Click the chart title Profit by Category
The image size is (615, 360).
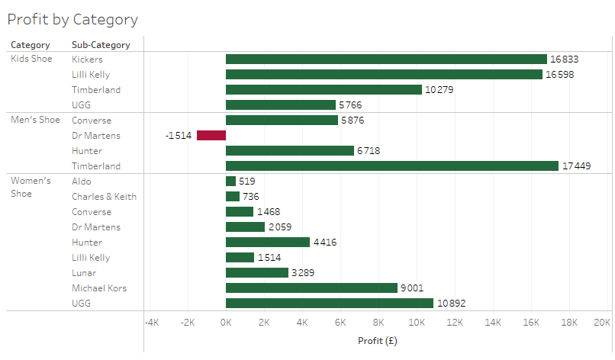click(72, 19)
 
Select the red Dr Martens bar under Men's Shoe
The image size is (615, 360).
click(211, 136)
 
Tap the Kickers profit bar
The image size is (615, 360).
click(386, 59)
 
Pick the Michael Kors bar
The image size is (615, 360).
click(311, 288)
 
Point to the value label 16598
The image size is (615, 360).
click(559, 75)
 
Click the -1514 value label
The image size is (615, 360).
click(179, 136)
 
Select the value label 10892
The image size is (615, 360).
click(451, 304)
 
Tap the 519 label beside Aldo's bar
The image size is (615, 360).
click(246, 182)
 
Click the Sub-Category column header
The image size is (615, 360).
click(101, 45)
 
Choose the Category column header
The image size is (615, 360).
click(31, 45)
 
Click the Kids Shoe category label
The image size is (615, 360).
click(31, 59)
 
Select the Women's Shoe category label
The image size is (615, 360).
click(31, 187)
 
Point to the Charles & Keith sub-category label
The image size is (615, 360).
click(105, 197)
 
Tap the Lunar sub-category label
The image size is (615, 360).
click(84, 273)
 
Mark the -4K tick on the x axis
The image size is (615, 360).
click(151, 323)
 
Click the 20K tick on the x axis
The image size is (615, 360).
click(601, 323)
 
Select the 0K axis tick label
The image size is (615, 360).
click(226, 323)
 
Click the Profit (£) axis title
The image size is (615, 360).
click(377, 340)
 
